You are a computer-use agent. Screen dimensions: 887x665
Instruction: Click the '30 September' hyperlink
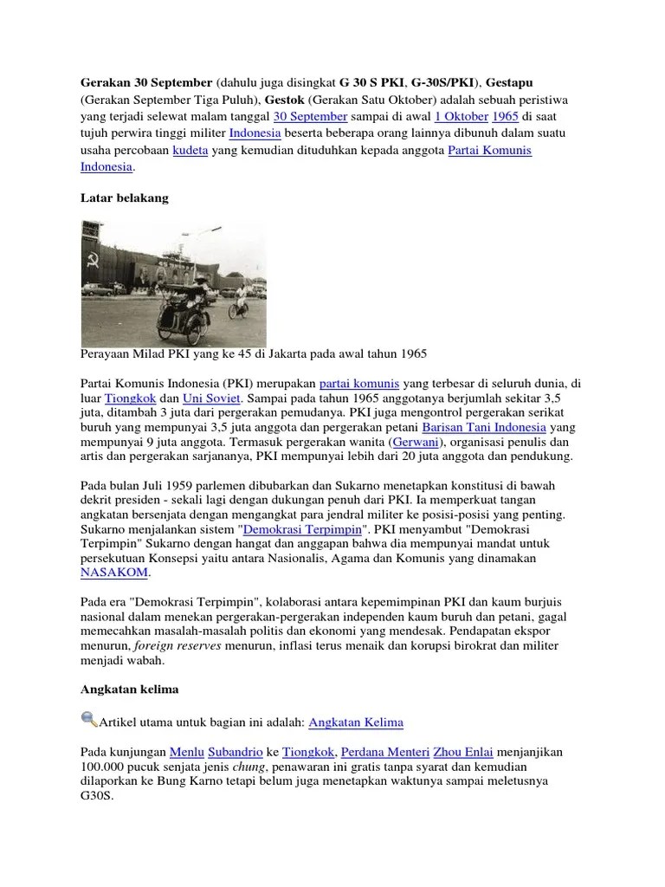click(x=310, y=116)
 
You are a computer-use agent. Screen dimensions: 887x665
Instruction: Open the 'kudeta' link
click(x=190, y=150)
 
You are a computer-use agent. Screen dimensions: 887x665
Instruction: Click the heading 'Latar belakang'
click(x=124, y=198)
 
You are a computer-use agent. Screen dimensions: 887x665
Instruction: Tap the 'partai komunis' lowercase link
click(x=357, y=383)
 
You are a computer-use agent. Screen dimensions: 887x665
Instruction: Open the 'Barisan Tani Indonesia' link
click(x=483, y=427)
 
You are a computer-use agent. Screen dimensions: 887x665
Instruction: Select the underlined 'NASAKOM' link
click(x=114, y=573)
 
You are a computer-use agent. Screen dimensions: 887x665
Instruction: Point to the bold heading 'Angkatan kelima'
click(x=128, y=690)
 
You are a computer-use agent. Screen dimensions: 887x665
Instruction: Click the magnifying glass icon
click(x=89, y=719)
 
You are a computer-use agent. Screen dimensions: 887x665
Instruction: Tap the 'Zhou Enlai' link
click(x=475, y=751)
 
